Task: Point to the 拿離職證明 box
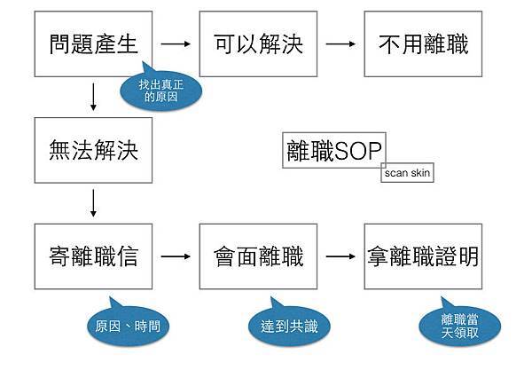[423, 256]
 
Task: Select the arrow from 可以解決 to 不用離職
[340, 43]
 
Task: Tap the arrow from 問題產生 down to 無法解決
[93, 97]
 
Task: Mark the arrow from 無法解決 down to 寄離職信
[93, 203]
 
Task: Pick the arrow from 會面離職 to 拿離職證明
[340, 257]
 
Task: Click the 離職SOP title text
[333, 150]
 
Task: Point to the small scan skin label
[407, 173]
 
